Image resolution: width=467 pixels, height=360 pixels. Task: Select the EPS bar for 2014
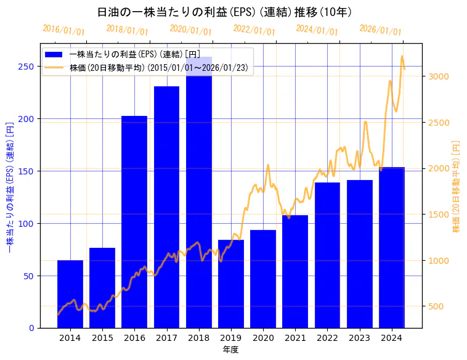tap(70, 294)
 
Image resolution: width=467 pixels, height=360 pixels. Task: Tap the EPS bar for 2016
tap(134, 222)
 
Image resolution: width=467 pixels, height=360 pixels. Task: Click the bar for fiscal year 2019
tap(231, 284)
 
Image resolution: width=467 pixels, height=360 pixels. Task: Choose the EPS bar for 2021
tap(296, 271)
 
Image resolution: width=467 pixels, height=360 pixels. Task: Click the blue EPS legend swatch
tap(54, 55)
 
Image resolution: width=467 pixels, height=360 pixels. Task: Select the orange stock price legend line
tap(54, 68)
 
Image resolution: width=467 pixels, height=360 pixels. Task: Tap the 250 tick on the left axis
tap(27, 67)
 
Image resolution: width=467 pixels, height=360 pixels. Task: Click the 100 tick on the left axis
tap(27, 223)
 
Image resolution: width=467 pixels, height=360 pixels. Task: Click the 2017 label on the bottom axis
tap(166, 338)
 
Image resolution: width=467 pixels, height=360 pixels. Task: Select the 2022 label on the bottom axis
tap(328, 338)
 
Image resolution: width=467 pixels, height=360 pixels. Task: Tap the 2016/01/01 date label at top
tap(64, 30)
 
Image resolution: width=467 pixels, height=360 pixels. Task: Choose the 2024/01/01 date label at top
tap(317, 30)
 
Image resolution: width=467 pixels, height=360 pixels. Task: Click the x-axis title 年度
tap(230, 350)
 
